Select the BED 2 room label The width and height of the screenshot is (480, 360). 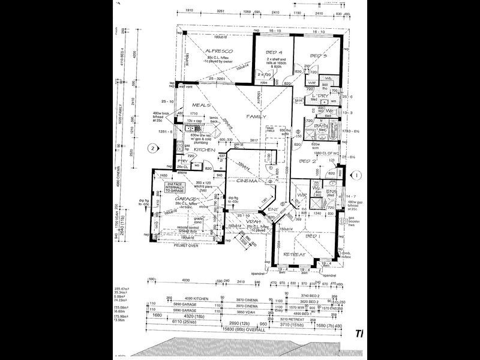coord(308,161)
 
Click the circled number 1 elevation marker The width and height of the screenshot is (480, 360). coord(357,175)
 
